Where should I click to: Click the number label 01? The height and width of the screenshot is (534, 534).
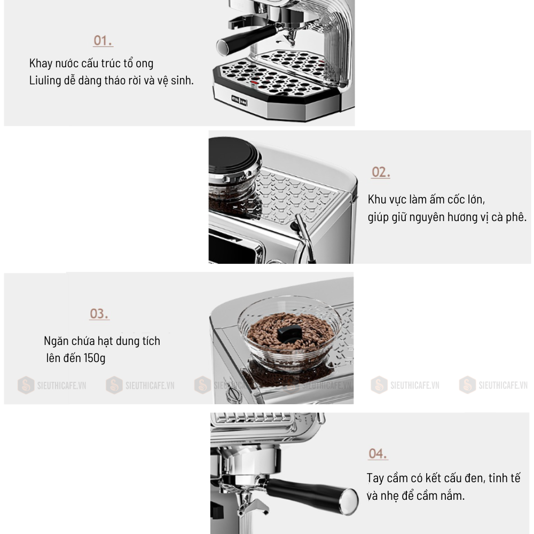click(103, 41)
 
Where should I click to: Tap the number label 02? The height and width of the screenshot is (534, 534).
click(381, 172)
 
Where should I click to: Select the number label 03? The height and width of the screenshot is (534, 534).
click(99, 313)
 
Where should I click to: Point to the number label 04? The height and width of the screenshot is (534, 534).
click(378, 454)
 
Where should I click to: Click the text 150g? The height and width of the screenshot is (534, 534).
click(95, 358)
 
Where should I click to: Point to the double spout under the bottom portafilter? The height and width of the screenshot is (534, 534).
click(247, 508)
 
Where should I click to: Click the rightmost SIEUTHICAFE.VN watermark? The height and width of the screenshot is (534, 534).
click(494, 385)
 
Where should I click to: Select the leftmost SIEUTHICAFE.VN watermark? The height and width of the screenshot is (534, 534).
click(51, 385)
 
